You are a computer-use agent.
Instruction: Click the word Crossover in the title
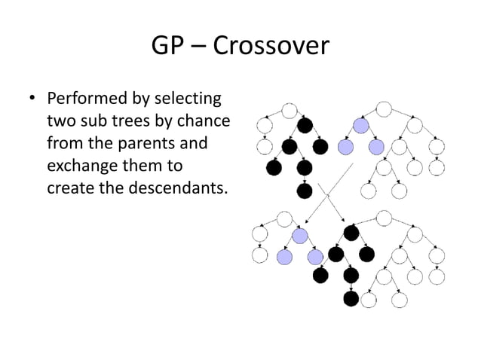pos(271,47)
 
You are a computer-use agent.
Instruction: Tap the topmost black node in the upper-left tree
pos(305,125)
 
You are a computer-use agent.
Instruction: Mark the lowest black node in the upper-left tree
pos(305,190)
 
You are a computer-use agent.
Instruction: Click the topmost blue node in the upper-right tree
pos(360,125)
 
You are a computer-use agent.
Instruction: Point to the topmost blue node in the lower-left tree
pos(301,236)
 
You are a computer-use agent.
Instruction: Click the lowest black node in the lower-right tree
pos(350,299)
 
